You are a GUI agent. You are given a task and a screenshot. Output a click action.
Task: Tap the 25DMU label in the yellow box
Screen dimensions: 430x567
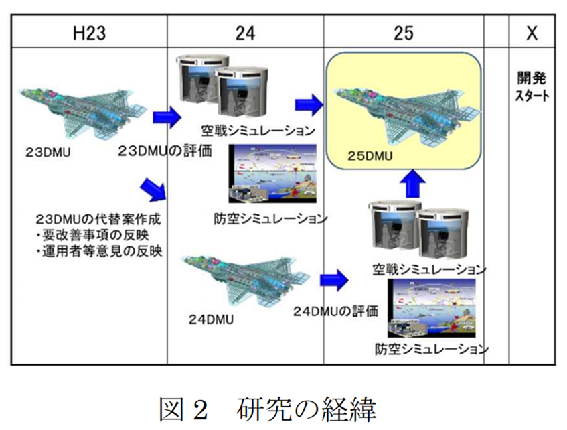(x=372, y=159)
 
